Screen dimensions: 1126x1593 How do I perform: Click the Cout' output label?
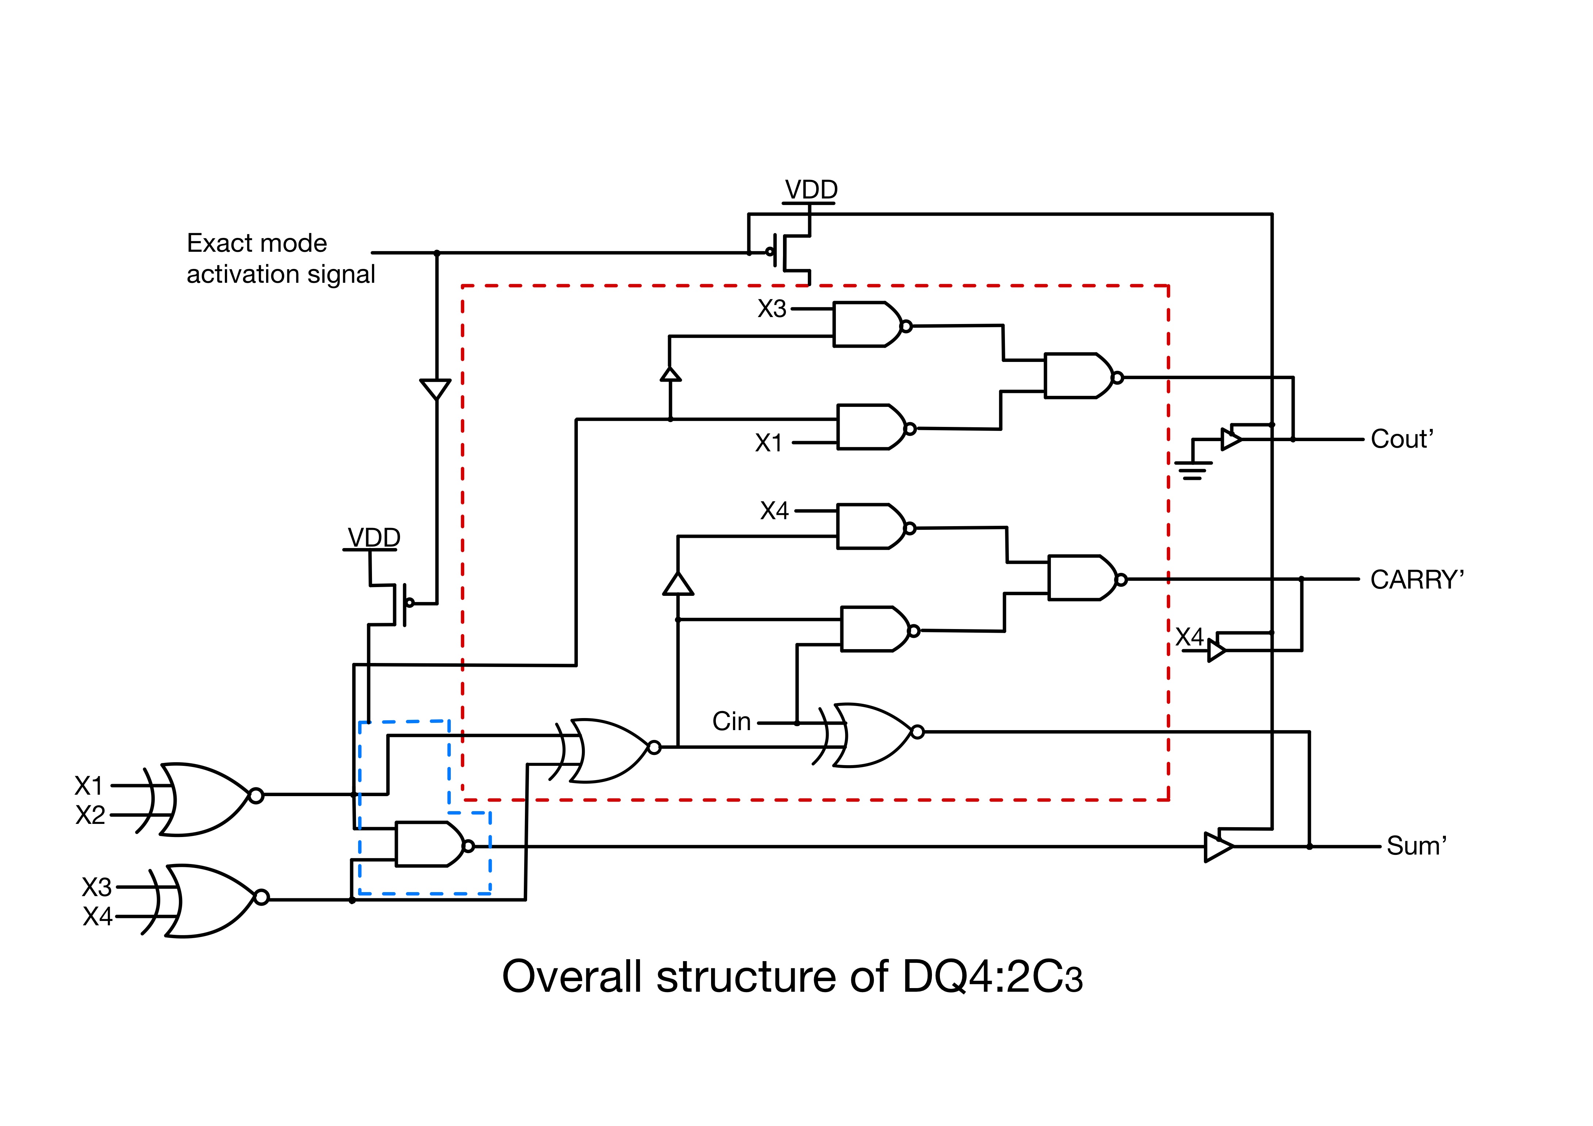1401,440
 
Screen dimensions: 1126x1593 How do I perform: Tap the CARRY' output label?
1417,580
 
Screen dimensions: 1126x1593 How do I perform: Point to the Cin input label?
731,722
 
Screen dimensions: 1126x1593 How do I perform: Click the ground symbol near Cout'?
1193,469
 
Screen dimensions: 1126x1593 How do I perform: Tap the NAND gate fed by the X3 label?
867,324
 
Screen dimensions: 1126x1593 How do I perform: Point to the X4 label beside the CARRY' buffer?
1189,636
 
